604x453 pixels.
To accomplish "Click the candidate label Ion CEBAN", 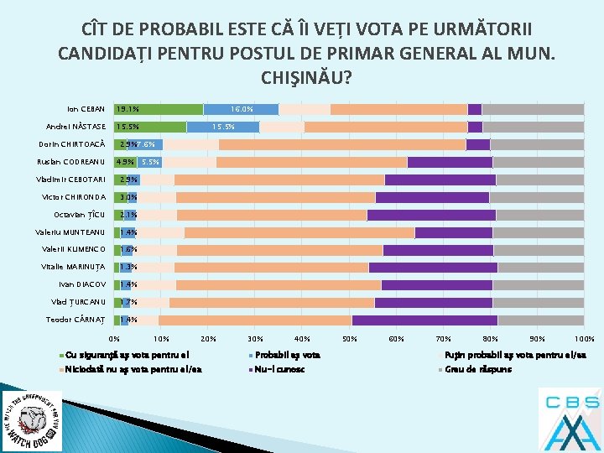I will coord(86,109).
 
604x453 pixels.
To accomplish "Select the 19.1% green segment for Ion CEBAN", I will coord(159,109).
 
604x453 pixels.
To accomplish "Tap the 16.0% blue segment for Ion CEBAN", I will coord(242,109).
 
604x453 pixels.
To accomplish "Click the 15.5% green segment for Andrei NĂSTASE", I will coord(150,127).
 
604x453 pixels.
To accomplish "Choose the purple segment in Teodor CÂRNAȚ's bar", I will coord(424,320).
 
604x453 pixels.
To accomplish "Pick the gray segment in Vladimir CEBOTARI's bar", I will coord(539,180).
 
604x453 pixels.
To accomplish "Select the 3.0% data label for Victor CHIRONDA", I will coord(128,197).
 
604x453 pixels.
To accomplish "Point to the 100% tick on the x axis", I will coord(584,339).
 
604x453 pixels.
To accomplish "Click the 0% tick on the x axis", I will coord(114,339).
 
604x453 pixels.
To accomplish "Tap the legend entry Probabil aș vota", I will coord(287,356).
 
